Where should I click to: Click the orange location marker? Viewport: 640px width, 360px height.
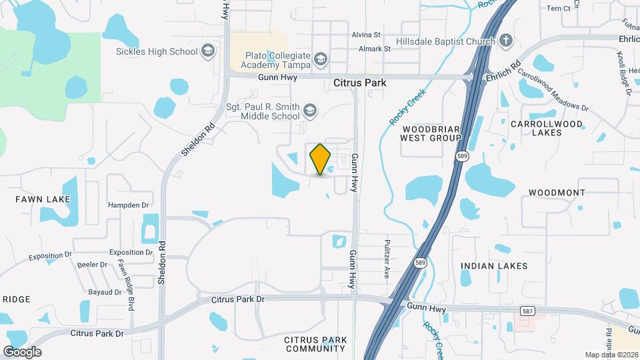(x=321, y=159)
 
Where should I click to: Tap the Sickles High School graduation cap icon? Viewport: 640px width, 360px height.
(x=208, y=51)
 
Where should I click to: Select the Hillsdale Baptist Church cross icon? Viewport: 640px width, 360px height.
(x=506, y=41)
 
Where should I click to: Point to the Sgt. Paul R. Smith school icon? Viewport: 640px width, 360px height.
(x=310, y=110)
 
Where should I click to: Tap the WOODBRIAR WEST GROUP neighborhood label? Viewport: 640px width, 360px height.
(x=430, y=133)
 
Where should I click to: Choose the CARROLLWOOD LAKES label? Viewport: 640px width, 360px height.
(x=546, y=128)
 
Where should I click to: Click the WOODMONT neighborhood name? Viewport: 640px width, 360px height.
(x=557, y=193)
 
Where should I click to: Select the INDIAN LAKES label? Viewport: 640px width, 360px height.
(x=494, y=266)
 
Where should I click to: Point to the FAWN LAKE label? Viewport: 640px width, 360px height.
(x=43, y=199)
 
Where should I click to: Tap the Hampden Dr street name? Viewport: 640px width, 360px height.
(x=127, y=205)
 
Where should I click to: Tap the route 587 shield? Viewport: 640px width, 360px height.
(x=527, y=311)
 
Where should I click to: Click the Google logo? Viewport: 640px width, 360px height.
(x=22, y=351)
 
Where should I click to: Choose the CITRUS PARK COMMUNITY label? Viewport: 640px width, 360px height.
(x=315, y=344)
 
